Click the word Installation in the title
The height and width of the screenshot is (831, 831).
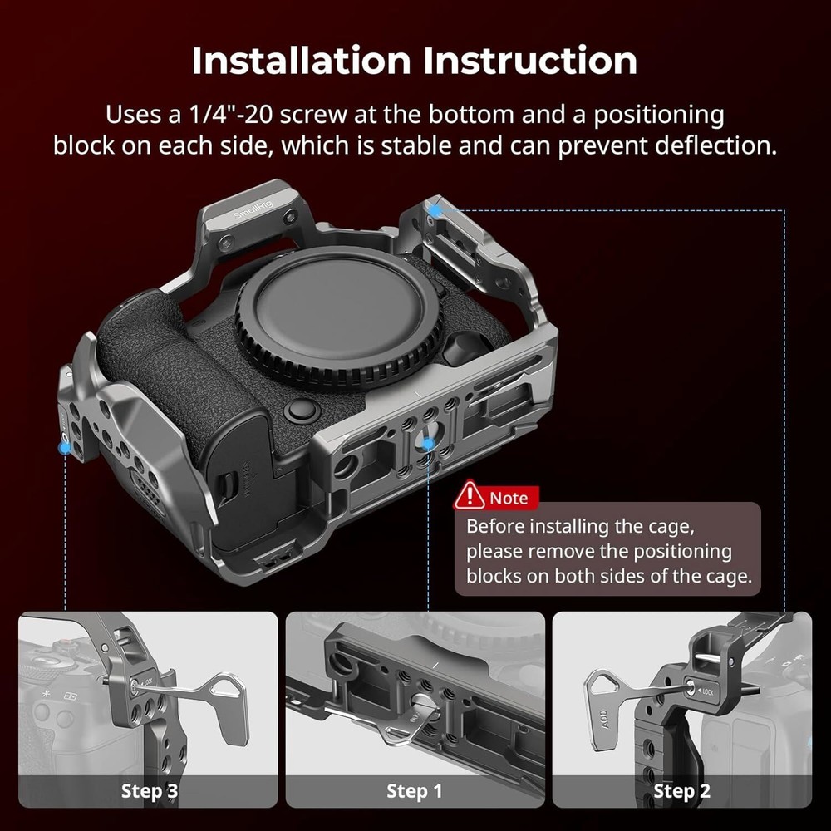coord(302,61)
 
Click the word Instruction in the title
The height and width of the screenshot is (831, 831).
coord(530,61)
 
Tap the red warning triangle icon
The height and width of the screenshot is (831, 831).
coord(470,497)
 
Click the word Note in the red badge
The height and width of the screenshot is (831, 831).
coord(509,498)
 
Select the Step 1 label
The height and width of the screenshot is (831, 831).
coord(414,791)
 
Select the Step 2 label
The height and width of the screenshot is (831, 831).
coord(681,791)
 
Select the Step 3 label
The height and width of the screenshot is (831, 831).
coord(150,791)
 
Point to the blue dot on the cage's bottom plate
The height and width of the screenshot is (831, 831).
coord(427,444)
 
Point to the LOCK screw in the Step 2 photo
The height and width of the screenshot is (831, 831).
coord(691,688)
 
